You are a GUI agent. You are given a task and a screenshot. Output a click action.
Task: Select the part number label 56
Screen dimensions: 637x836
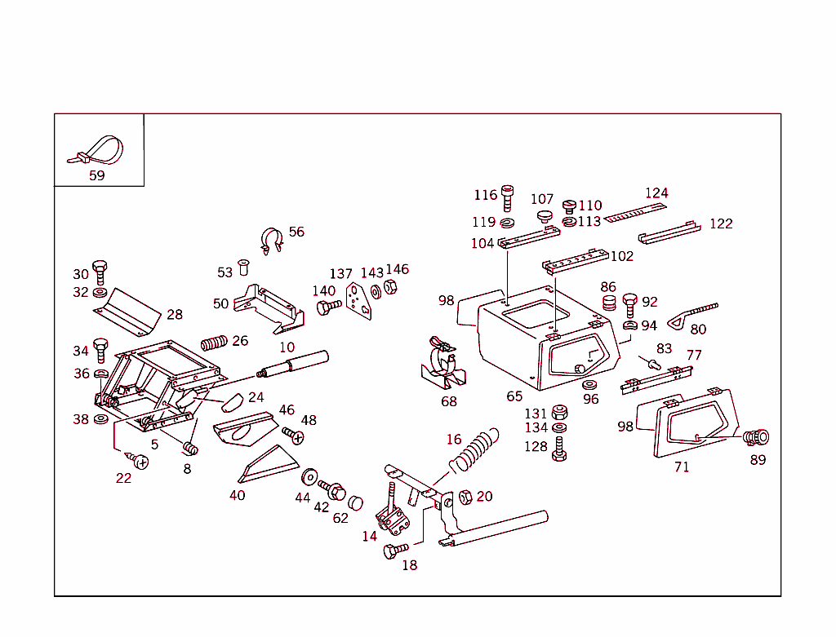(296, 232)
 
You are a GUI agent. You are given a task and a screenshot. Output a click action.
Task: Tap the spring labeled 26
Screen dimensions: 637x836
(212, 342)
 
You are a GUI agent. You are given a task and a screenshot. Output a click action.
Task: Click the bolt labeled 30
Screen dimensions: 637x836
(100, 272)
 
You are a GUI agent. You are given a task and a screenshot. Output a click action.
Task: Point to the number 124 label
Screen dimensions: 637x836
(656, 193)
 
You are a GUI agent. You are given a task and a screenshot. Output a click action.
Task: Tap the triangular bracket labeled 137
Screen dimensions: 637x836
(358, 301)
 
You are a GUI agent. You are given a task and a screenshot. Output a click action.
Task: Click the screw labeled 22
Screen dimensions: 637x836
(140, 462)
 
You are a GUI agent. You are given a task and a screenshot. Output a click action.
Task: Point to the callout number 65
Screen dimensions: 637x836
(514, 396)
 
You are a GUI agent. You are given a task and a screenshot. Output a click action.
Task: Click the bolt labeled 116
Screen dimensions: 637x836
(508, 197)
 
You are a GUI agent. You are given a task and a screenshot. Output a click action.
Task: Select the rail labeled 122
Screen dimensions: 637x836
(669, 232)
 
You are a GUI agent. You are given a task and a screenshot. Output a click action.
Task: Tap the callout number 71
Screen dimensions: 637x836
(682, 467)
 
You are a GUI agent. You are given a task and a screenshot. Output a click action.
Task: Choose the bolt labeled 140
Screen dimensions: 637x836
(328, 307)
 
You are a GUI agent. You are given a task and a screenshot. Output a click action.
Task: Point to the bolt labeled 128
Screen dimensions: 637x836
(559, 449)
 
